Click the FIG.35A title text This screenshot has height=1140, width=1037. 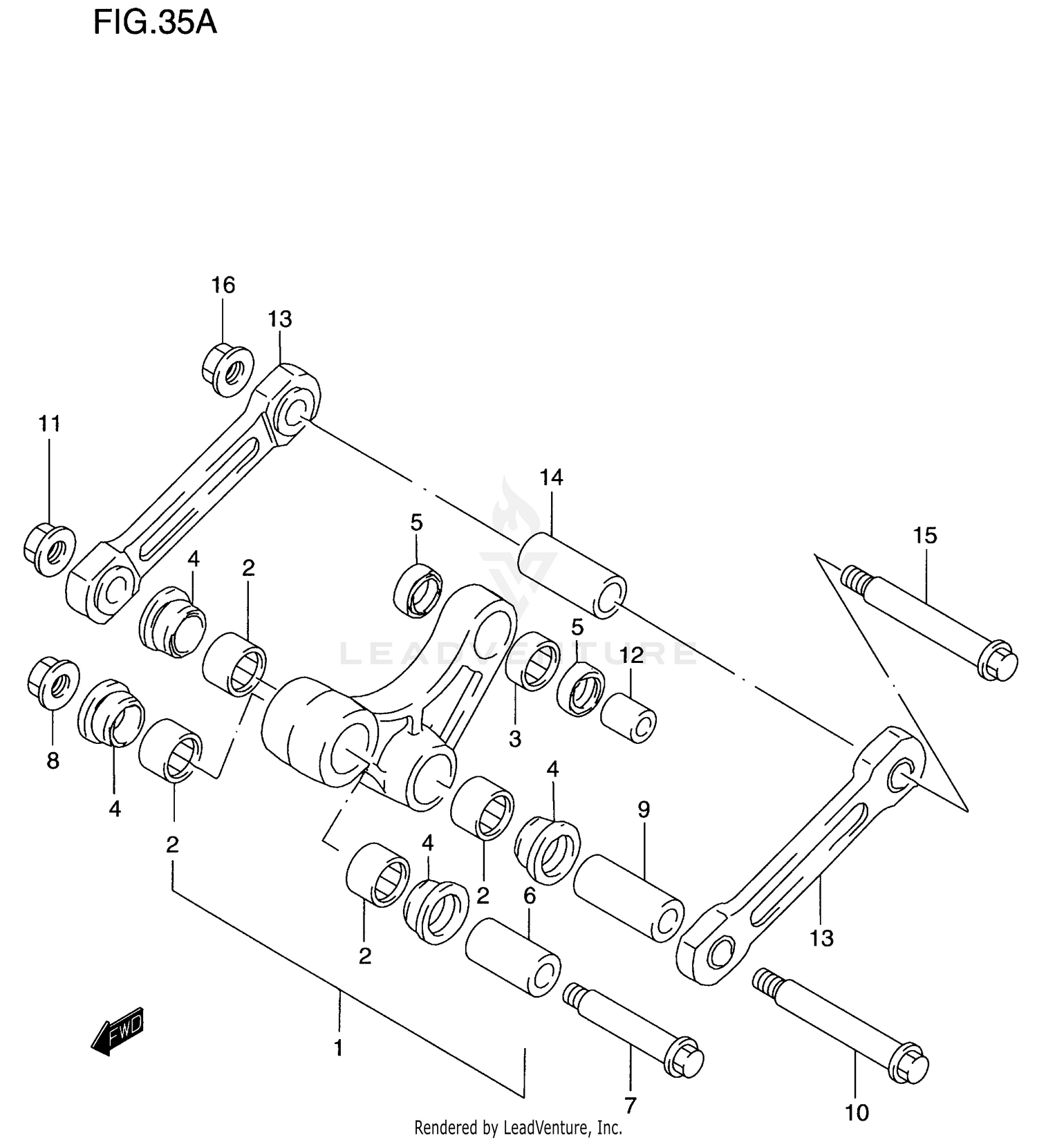(155, 23)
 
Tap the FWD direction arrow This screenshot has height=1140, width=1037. (118, 1031)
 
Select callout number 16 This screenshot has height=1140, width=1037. (223, 285)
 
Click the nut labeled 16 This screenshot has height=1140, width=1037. (228, 369)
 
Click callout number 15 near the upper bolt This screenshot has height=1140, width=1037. (925, 535)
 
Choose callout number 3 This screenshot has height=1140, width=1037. (515, 739)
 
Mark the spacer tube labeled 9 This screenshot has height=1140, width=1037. (628, 898)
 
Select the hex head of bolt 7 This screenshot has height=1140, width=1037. (684, 1057)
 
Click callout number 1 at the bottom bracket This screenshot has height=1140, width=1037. (339, 1049)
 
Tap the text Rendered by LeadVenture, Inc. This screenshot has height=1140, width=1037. (518, 1128)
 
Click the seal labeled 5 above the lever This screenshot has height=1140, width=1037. (418, 590)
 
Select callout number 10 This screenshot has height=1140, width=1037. (857, 1112)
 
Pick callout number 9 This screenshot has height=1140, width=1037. (644, 810)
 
